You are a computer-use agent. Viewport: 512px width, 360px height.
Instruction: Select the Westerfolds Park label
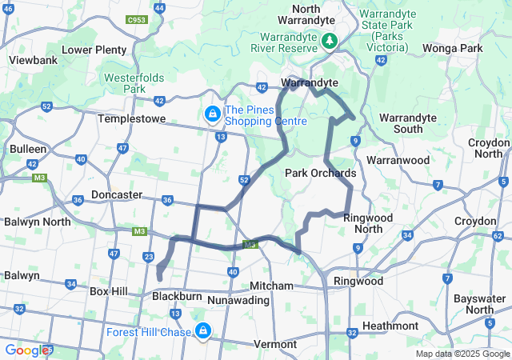point(124,84)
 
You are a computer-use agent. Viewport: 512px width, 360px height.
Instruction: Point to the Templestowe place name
point(131,118)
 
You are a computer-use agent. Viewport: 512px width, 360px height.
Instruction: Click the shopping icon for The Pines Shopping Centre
point(213,115)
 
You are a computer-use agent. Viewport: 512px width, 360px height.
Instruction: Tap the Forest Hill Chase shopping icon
point(204,330)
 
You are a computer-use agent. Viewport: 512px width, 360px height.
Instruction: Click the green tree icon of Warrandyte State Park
point(329,40)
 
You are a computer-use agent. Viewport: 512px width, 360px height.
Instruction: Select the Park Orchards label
point(320,173)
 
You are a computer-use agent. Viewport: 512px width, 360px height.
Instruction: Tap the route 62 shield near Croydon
point(497,236)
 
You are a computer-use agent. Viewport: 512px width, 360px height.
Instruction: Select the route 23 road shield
point(148,256)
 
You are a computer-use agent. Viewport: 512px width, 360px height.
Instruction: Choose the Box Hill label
point(109,292)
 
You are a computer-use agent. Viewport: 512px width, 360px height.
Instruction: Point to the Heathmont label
point(390,326)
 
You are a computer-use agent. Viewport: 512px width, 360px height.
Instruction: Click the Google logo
point(28,350)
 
